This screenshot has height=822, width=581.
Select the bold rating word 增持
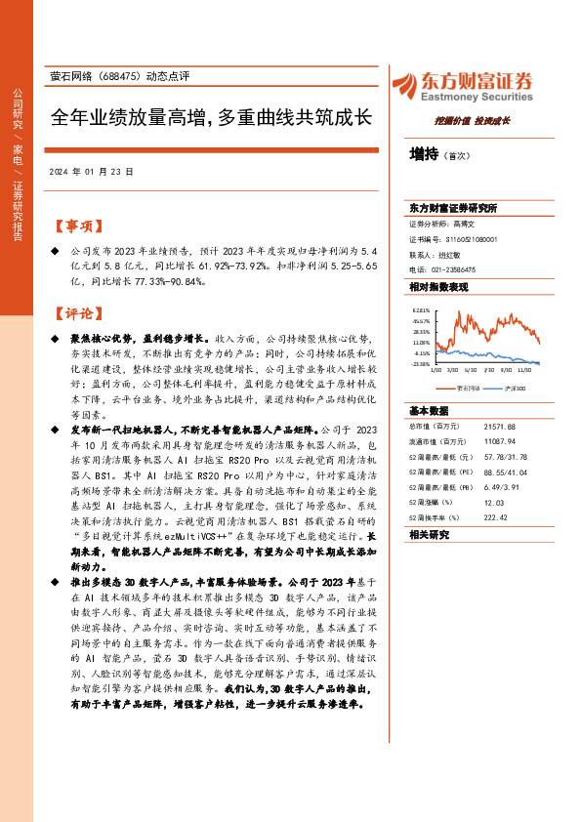pyautogui.click(x=424, y=153)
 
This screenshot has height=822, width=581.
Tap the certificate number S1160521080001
pyautogui.click(x=473, y=238)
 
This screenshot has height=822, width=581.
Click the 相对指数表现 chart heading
pyautogui.click(x=439, y=287)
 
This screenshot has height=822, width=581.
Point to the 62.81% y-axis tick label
pyautogui.click(x=421, y=309)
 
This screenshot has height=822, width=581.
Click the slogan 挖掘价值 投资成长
pyautogui.click(x=473, y=122)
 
